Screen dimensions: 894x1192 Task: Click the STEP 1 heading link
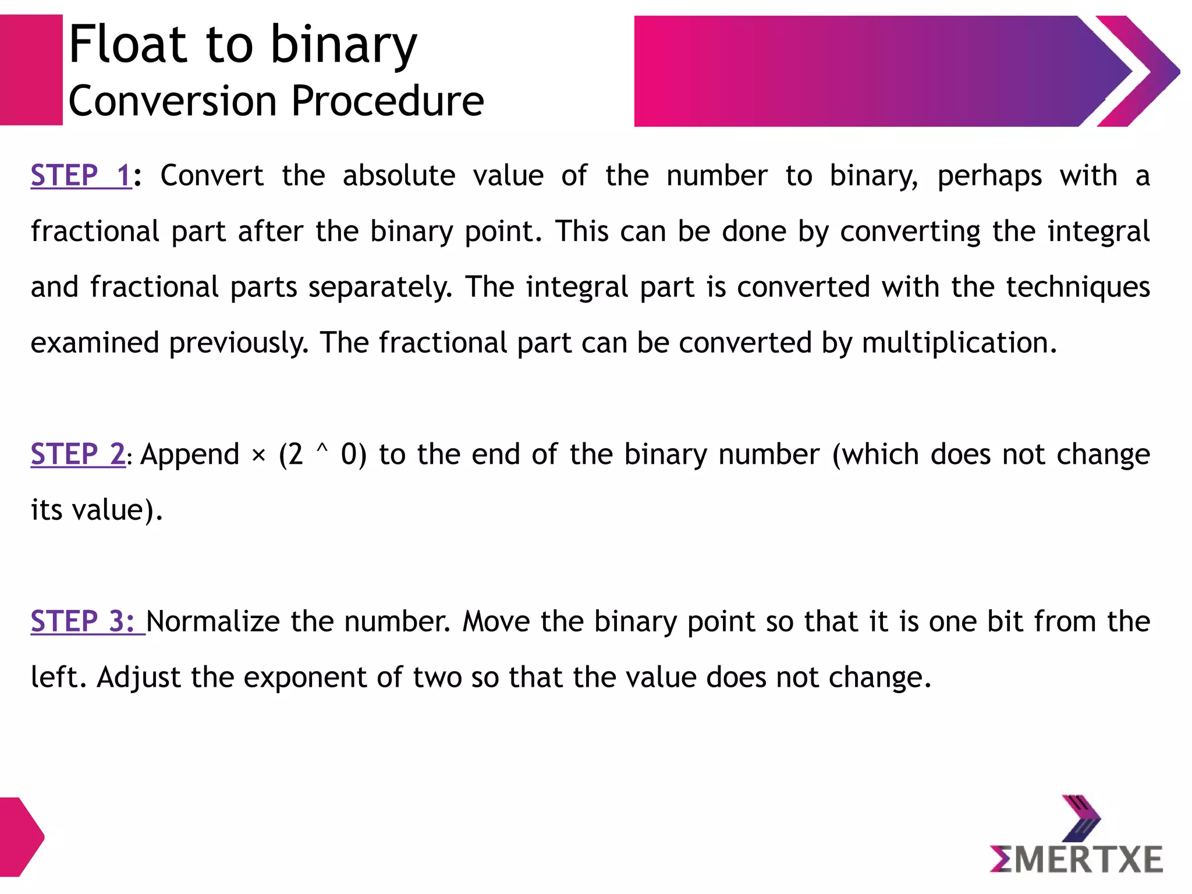tap(81, 176)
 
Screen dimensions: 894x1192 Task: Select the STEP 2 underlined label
tap(78, 454)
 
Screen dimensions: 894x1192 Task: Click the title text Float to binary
tap(243, 45)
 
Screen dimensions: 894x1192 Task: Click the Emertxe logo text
tap(1076, 860)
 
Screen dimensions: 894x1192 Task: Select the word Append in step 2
tap(190, 454)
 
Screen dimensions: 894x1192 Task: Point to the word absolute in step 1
tap(399, 176)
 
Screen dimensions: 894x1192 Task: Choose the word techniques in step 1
tap(1077, 288)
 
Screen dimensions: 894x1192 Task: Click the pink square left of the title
tap(31, 70)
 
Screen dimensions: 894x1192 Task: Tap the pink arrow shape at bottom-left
tap(20, 837)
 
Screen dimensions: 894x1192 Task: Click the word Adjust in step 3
tap(139, 677)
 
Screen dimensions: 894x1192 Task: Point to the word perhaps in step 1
tap(989, 176)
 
